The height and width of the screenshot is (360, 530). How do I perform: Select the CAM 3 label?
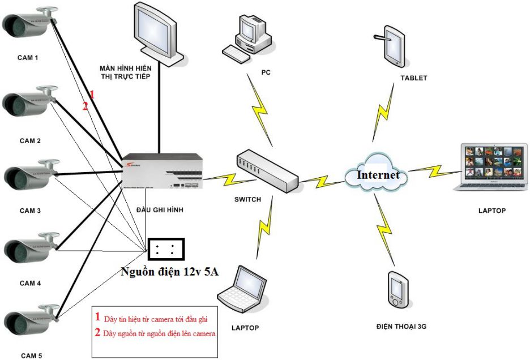click(x=31, y=211)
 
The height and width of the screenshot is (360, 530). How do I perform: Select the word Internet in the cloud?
click(x=378, y=175)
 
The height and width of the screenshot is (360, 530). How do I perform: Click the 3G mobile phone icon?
click(x=397, y=292)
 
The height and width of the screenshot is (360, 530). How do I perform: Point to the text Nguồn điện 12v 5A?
click(x=170, y=272)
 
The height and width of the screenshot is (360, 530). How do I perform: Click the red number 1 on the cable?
click(x=92, y=95)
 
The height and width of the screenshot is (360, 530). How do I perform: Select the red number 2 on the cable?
click(x=86, y=106)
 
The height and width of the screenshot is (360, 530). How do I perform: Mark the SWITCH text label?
click(x=247, y=199)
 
